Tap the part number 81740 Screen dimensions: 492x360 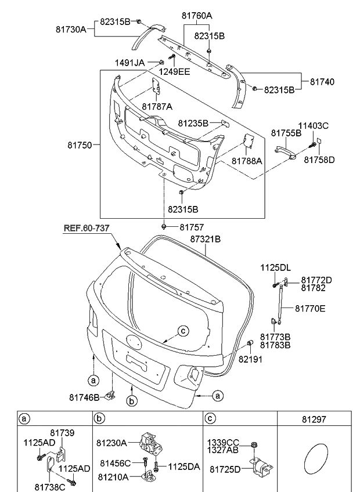(322, 82)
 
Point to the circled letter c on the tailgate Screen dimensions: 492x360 (182, 331)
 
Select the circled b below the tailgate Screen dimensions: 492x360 (132, 401)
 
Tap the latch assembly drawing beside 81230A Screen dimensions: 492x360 (151, 443)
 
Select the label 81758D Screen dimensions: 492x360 (319, 159)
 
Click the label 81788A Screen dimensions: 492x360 (247, 161)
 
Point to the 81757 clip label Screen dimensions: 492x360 (192, 227)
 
